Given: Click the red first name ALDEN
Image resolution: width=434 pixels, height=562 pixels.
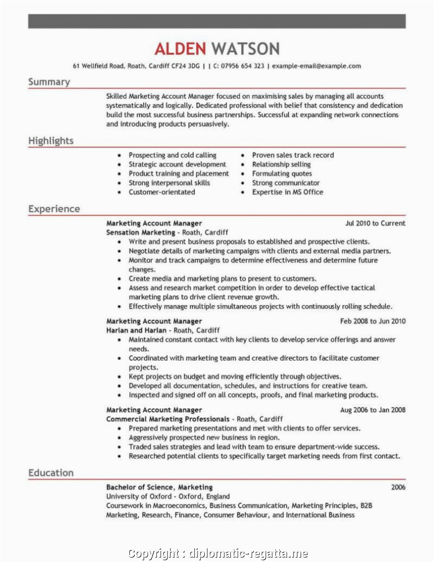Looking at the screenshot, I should point(180,49).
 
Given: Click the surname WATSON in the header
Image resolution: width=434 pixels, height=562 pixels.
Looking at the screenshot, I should point(245,49).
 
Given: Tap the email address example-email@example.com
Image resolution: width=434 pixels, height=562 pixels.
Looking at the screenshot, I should point(316,66).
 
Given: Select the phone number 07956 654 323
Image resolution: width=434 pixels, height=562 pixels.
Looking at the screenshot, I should point(242,66).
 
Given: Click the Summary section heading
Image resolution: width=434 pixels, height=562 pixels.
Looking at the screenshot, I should point(49,82).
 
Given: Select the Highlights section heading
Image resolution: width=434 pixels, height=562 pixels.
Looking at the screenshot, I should point(51,141).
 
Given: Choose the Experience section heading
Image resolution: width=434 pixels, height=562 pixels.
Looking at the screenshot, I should point(54,209).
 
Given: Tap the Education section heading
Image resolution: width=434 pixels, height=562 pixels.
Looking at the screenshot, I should point(51,473).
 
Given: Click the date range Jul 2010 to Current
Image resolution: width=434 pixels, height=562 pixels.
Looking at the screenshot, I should point(375,223).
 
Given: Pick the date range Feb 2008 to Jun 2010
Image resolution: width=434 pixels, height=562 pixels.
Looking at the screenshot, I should point(372,321).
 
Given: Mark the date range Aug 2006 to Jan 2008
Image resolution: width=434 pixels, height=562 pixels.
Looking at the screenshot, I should point(372,410).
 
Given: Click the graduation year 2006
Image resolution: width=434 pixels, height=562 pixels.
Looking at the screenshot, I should point(398,487).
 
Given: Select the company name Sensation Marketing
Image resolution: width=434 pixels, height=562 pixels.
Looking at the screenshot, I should point(141,233).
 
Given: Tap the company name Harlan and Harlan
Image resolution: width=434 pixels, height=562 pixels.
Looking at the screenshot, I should point(136,330).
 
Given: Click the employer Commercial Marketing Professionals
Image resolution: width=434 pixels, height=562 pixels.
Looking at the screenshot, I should point(168,419).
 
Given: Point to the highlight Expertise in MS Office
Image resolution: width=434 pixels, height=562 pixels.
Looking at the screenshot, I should point(287,192).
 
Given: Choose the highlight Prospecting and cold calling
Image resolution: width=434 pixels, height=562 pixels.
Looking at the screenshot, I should point(172,155).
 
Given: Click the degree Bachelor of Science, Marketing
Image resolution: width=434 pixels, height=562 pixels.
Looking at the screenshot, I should point(159,487).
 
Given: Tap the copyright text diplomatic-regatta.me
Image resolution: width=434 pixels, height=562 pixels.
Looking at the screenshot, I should point(248,553).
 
